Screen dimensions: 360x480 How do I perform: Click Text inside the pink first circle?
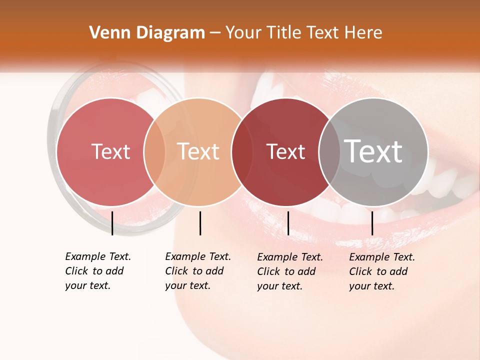pyautogui.click(x=110, y=151)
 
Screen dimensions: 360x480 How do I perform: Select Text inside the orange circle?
pyautogui.click(x=198, y=151)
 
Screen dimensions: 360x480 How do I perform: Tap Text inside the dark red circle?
pyautogui.click(x=285, y=151)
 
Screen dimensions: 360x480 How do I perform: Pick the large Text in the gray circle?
pyautogui.click(x=373, y=151)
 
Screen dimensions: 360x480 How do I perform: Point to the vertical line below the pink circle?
pyautogui.click(x=112, y=223)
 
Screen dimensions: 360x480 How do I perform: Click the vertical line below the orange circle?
pyautogui.click(x=200, y=223)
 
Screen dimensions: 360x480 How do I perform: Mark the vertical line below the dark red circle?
pyautogui.click(x=288, y=223)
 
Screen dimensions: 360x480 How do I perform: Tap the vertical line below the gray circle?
pyautogui.click(x=372, y=223)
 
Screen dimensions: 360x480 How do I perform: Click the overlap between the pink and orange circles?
pyautogui.click(x=154, y=151)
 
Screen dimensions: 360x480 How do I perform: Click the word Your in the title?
pyautogui.click(x=243, y=33)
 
